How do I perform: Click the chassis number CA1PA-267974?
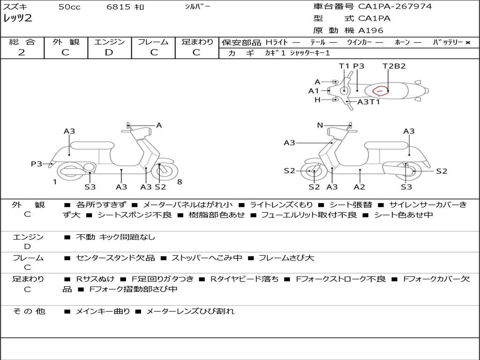tap(395, 7)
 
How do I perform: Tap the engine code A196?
tap(371, 30)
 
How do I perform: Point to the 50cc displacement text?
tap(69, 7)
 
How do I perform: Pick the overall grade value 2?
tap(22, 52)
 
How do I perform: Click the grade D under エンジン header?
tap(109, 52)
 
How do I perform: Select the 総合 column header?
tap(22, 42)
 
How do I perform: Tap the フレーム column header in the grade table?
tap(153, 42)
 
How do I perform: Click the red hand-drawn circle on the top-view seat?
tap(380, 90)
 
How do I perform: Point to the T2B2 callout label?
tap(394, 66)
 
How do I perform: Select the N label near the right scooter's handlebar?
tap(320, 125)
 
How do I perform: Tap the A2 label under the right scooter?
tap(360, 187)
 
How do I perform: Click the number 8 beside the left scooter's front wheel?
tap(180, 182)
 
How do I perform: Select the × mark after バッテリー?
tap(468, 42)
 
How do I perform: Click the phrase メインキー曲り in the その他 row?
tap(103, 311)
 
